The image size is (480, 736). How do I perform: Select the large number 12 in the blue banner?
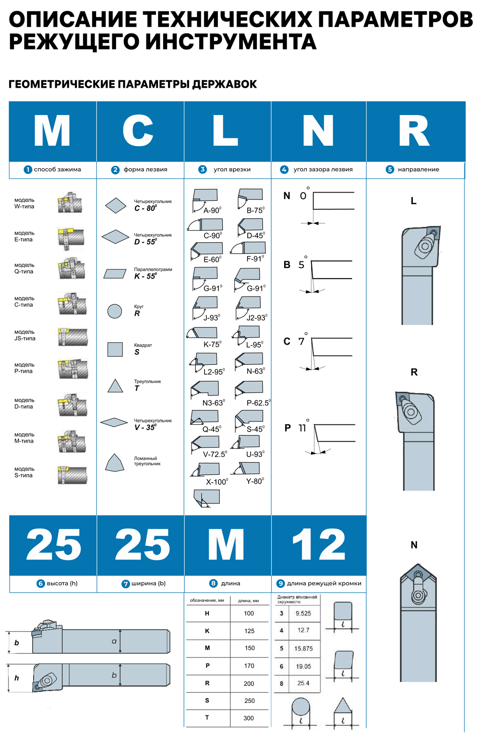tap(319, 545)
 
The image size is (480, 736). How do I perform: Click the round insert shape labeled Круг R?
tap(115, 311)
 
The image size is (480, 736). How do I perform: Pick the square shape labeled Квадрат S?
tap(115, 349)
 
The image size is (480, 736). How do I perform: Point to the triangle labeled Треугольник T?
tap(115, 386)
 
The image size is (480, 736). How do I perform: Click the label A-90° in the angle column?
tap(212, 210)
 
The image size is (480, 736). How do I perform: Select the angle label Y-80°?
tap(255, 481)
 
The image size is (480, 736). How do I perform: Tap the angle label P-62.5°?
tap(258, 403)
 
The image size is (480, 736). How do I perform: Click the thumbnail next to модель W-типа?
tap(70, 203)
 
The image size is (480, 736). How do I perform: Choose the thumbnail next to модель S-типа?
tap(72, 475)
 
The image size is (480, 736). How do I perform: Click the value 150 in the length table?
tap(250, 648)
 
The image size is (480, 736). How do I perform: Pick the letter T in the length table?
tap(207, 718)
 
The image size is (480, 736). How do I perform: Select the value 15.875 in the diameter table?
tap(303, 649)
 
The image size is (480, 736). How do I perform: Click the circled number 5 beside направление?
tap(390, 170)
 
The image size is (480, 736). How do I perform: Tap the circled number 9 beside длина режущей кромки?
tap(281, 584)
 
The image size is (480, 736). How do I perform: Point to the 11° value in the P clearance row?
tap(302, 428)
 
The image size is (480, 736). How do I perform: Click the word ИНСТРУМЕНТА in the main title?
tap(231, 42)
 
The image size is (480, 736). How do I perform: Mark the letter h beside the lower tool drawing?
tap(17, 678)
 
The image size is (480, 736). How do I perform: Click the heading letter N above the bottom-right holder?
tap(414, 545)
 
